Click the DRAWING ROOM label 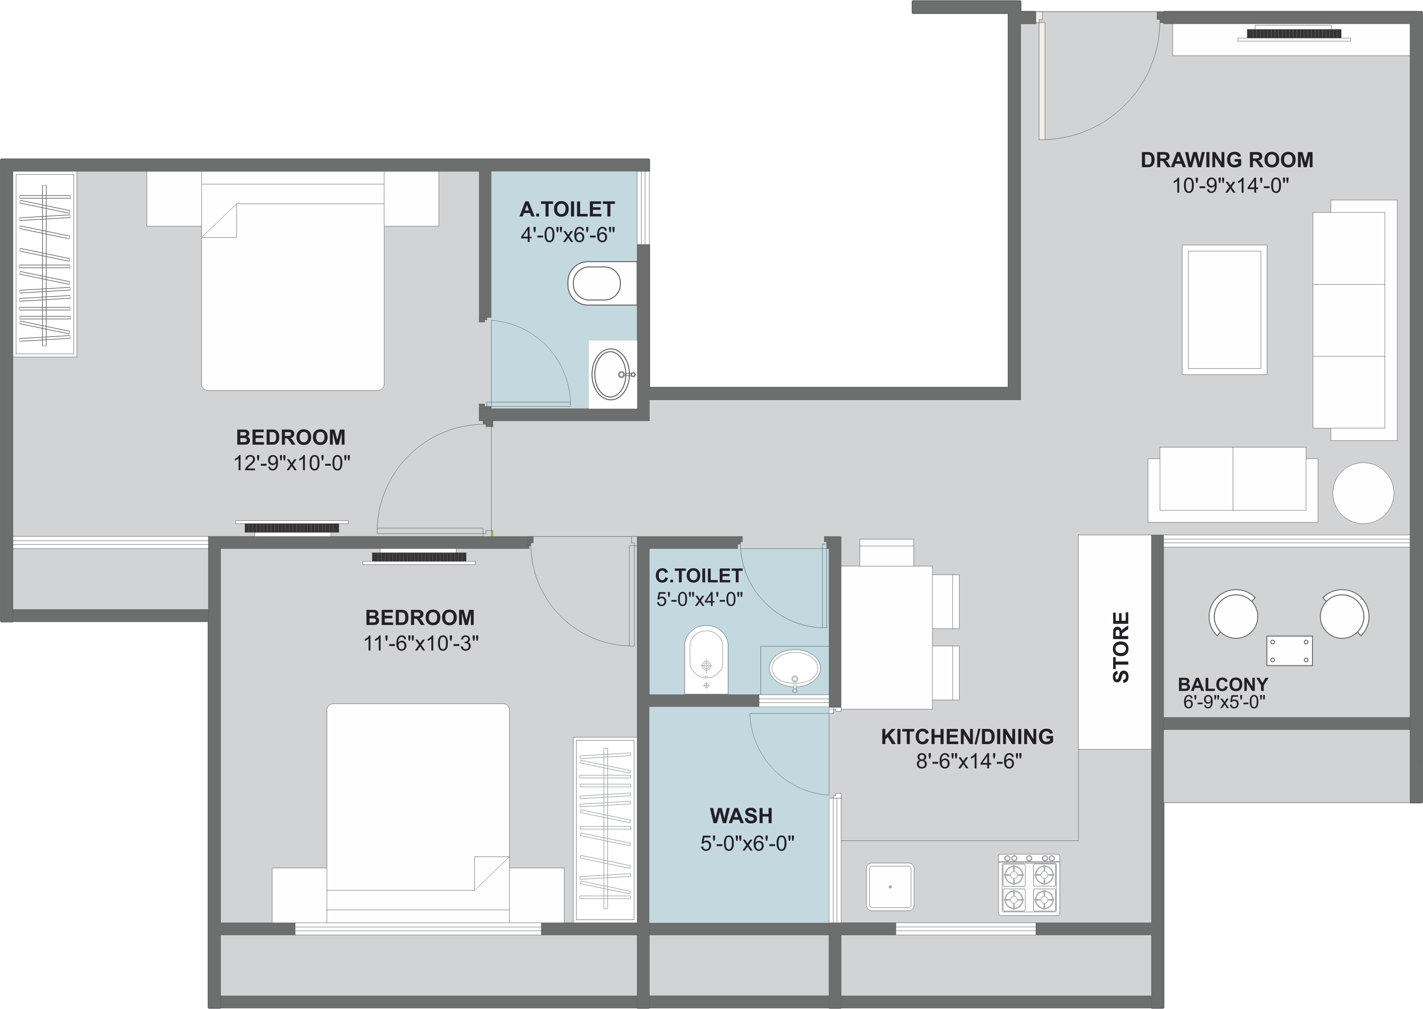click(1227, 160)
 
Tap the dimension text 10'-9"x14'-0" click(1227, 185)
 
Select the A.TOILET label click(567, 209)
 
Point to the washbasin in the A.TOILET click(612, 374)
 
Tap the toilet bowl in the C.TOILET click(706, 659)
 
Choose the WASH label click(741, 816)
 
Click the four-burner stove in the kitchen click(1029, 885)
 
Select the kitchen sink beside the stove click(890, 887)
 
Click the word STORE click(1121, 647)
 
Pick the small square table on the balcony click(1290, 651)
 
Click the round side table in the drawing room click(1363, 493)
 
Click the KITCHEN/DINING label click(967, 737)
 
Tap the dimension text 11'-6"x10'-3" click(421, 643)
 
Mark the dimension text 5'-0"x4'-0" click(700, 599)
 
